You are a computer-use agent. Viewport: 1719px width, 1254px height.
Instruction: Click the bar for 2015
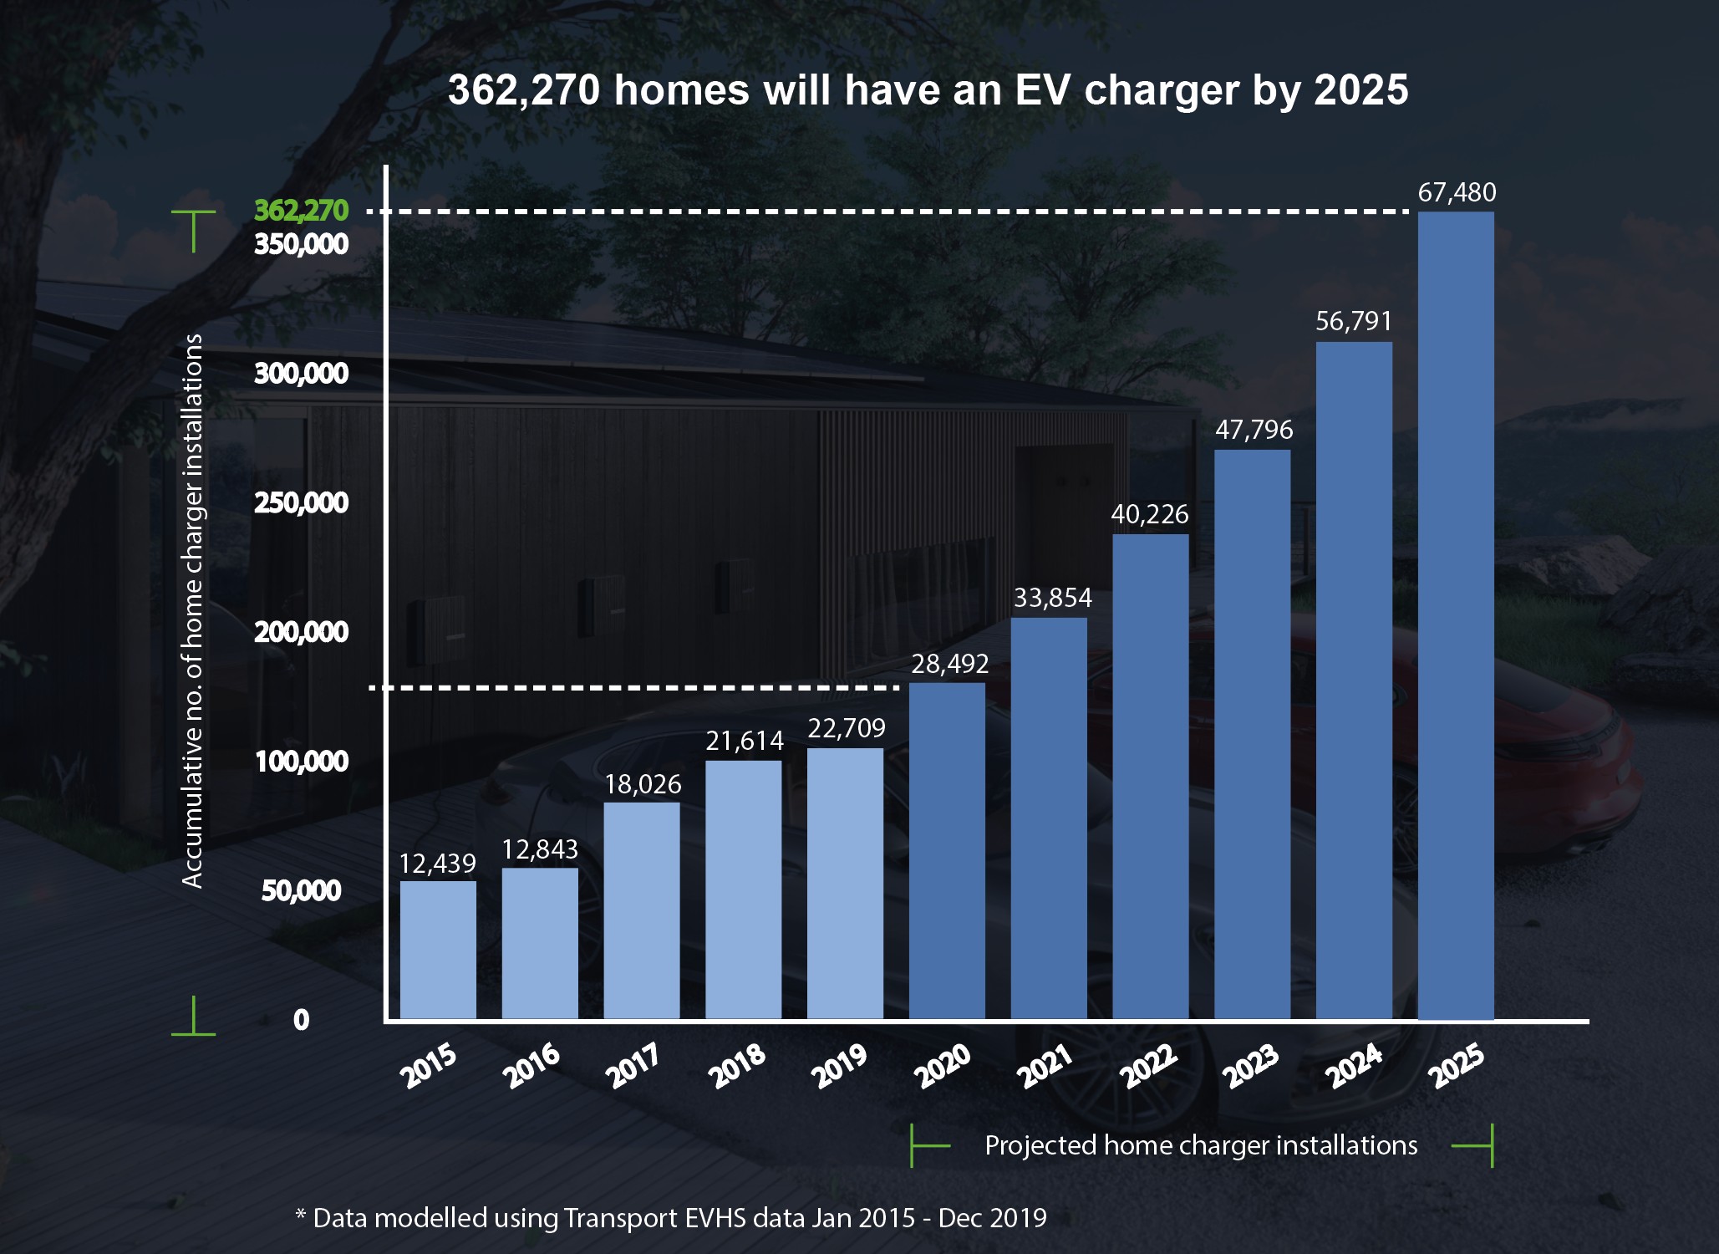[438, 950]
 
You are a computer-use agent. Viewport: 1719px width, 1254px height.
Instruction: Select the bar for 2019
[845, 884]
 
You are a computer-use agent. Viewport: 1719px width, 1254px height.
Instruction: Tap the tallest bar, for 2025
[1456, 615]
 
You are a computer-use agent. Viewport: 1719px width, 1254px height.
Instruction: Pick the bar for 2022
[1150, 777]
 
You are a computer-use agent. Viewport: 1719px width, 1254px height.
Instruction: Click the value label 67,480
[1457, 192]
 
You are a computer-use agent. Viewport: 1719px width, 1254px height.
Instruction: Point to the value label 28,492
[949, 664]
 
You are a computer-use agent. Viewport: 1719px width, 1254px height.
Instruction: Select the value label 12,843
[540, 849]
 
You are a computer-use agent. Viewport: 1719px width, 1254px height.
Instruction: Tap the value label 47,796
[1254, 430]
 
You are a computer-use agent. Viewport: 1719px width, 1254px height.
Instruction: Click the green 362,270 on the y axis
[301, 210]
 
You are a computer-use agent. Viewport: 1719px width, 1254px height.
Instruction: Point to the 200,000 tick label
[301, 632]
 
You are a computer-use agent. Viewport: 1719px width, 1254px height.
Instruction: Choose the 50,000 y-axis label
[301, 890]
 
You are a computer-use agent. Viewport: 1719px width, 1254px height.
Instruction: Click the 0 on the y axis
[301, 1020]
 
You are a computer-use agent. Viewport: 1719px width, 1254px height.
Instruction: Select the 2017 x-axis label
[633, 1066]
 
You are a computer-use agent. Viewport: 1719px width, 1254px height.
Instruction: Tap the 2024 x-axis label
[1355, 1066]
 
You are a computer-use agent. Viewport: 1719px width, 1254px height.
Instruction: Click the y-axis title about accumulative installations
[193, 610]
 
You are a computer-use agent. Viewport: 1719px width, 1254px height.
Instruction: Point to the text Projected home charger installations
[1201, 1145]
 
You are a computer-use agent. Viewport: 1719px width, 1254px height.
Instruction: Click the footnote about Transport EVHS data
[671, 1217]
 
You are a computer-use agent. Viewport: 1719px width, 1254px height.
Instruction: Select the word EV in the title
[1043, 90]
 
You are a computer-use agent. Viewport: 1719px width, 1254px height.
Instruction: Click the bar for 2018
[743, 890]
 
